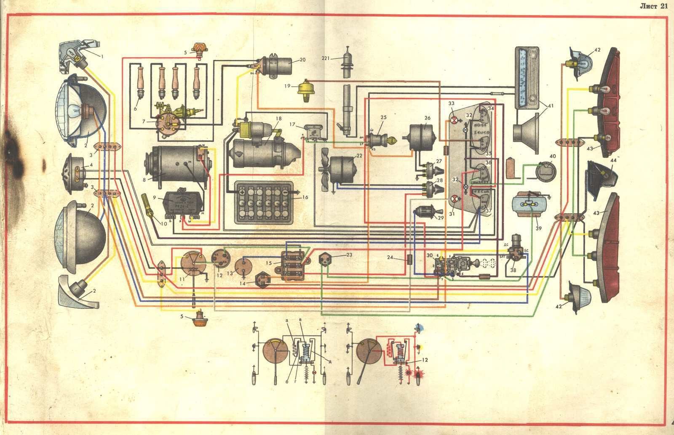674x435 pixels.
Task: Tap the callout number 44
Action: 613,161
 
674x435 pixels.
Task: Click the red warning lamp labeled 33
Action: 454,121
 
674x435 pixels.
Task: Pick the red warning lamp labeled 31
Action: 455,199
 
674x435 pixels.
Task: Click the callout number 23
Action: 349,254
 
